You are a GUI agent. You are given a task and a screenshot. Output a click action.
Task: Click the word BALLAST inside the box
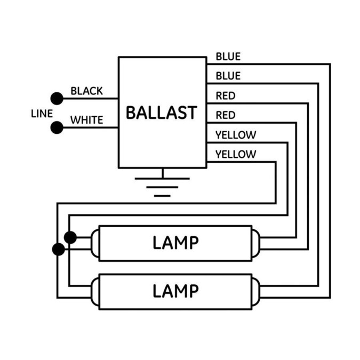click(x=162, y=113)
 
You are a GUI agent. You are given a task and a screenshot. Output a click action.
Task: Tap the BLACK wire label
click(x=86, y=91)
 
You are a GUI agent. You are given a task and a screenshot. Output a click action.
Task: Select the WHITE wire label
click(x=86, y=120)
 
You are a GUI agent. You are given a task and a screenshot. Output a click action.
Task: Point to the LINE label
click(x=42, y=114)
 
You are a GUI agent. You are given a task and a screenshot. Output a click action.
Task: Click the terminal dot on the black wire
click(x=57, y=99)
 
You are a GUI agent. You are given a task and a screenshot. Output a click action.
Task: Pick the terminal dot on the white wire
click(x=57, y=127)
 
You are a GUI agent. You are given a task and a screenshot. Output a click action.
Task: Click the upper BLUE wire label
click(x=228, y=57)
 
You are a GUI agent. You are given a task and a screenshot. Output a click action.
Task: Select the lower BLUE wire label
click(x=228, y=76)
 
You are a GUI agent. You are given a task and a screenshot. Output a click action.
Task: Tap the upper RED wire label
click(x=226, y=96)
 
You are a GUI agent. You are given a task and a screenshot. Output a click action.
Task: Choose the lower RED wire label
click(x=226, y=115)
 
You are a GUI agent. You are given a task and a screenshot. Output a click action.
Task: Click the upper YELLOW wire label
click(x=236, y=135)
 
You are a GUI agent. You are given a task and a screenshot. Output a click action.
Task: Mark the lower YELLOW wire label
click(x=236, y=154)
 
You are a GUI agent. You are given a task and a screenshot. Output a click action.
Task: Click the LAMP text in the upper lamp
click(x=175, y=243)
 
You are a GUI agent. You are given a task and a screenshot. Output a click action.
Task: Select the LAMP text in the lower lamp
click(x=175, y=291)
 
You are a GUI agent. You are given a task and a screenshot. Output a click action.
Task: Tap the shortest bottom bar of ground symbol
click(x=162, y=196)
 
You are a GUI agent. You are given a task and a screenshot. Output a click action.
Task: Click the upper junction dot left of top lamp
click(x=70, y=237)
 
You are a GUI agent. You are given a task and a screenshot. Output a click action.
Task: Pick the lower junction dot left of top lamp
click(x=59, y=249)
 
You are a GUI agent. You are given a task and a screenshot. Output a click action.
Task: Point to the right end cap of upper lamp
click(x=256, y=243)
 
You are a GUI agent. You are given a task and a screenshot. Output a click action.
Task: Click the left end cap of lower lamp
click(x=95, y=292)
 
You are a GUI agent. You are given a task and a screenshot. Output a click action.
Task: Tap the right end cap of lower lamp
click(x=256, y=292)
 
